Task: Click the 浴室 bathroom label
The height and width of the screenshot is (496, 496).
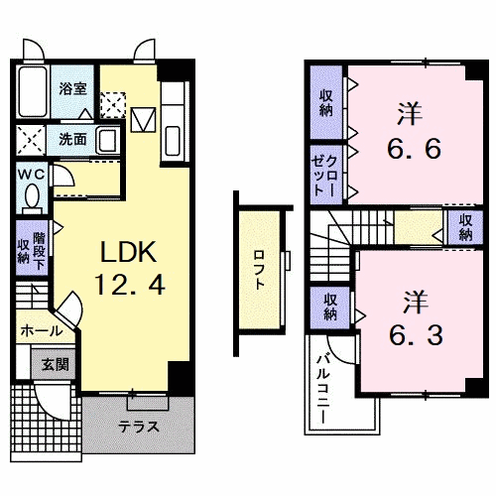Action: coord(72,88)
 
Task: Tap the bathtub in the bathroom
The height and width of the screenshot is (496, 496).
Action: coord(33,91)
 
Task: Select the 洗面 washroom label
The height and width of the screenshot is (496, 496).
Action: coord(72,139)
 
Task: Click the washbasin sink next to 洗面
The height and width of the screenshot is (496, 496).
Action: coord(107,140)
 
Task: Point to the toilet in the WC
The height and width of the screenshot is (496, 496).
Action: coord(32,198)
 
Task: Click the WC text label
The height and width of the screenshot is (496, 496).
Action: coord(32,175)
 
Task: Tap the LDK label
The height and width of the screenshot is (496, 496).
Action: coord(128,252)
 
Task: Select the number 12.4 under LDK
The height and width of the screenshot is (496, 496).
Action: coord(130,286)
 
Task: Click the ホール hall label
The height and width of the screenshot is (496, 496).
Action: coord(42,330)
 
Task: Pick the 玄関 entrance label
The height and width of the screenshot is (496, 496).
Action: coord(55,364)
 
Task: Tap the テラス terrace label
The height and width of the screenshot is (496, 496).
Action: coord(139,427)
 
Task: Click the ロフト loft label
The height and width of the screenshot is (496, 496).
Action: coord(259,270)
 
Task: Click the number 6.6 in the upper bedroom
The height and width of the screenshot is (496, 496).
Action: coord(414,149)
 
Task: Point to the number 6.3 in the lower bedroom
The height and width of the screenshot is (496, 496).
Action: coord(416,335)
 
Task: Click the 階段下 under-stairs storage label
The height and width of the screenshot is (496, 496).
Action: coord(39,251)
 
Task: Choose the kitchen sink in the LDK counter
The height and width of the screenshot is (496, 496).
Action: coord(173,141)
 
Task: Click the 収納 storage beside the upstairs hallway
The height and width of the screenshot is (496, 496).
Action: coord(465,227)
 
